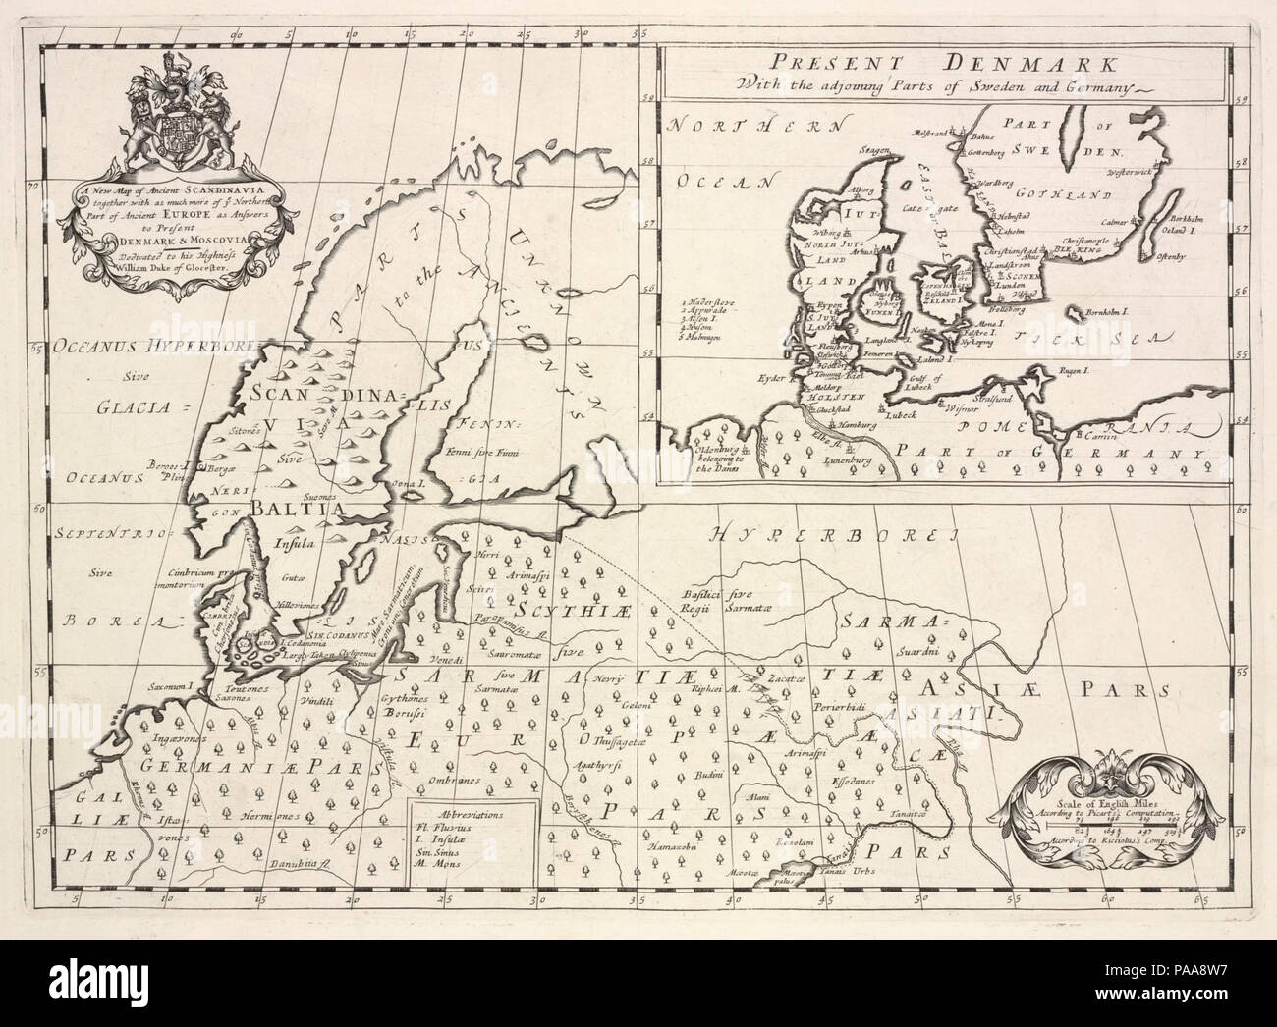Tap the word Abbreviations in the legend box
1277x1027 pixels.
472,815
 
